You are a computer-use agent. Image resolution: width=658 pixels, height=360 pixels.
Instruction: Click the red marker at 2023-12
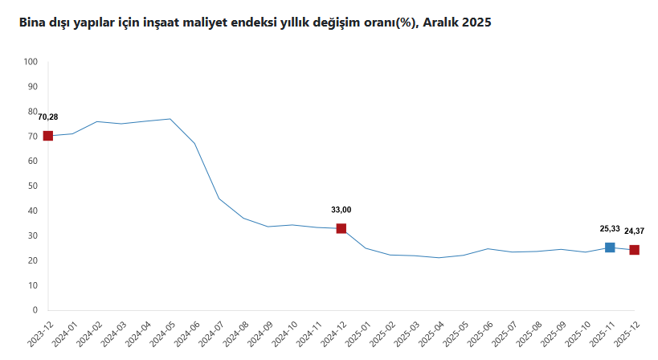coord(48,136)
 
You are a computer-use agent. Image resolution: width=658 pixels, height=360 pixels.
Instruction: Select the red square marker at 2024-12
coord(341,229)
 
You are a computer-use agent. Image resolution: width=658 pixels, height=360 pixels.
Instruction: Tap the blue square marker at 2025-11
coord(610,247)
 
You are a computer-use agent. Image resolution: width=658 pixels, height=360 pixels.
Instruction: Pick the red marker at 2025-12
coord(634,250)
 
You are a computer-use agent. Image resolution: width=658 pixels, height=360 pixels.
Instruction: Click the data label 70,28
coord(48,117)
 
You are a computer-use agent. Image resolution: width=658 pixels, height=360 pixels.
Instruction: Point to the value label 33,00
coord(341,210)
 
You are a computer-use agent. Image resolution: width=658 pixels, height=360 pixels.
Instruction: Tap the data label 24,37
coord(634,231)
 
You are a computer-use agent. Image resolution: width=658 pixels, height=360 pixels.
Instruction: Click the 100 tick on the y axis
coord(31,62)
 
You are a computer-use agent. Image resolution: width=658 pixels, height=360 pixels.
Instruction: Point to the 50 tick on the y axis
coord(34,186)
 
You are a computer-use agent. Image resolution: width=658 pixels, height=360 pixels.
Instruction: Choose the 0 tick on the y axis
coord(35,310)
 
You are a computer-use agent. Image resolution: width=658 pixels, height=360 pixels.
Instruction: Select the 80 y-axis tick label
coord(34,112)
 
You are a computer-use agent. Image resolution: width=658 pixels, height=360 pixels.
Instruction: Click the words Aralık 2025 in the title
coord(456,23)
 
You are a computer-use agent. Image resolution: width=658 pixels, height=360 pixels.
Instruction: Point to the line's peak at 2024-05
coord(170,119)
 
